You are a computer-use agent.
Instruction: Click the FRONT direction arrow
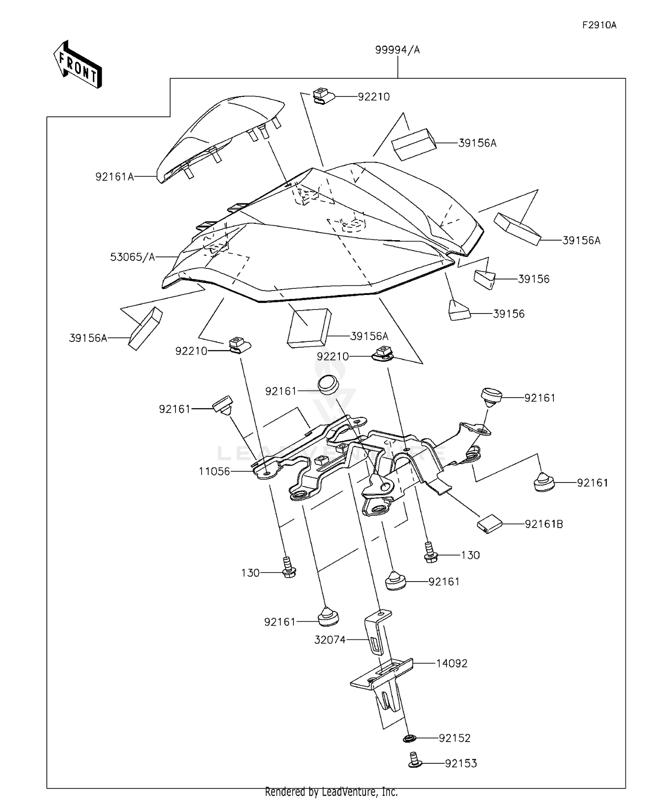pyautogui.click(x=78, y=65)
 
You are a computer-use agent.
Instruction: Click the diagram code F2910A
pyautogui.click(x=599, y=25)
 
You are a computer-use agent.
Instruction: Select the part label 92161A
pyautogui.click(x=114, y=177)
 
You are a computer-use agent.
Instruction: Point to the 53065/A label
pyautogui.click(x=133, y=257)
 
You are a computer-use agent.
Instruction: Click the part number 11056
pyautogui.click(x=214, y=471)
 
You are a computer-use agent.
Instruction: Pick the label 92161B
pyautogui.click(x=544, y=524)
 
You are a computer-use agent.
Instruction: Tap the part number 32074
pyautogui.click(x=330, y=639)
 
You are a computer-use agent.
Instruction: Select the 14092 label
pyautogui.click(x=452, y=663)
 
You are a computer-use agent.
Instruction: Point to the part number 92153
pyautogui.click(x=461, y=764)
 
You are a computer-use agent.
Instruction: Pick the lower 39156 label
pyautogui.click(x=509, y=314)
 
